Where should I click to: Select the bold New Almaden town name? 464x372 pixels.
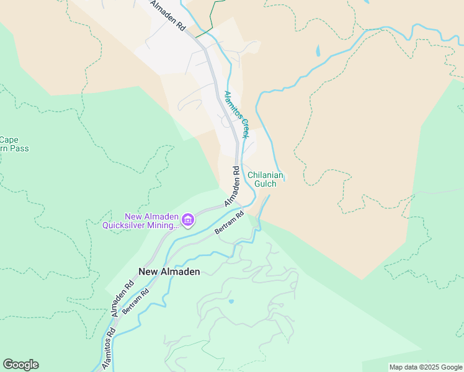click(x=169, y=272)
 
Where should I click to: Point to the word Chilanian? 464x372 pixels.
click(x=265, y=175)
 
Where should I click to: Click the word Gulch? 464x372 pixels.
click(x=265, y=184)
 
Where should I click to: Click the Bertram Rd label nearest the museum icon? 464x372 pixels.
click(x=230, y=223)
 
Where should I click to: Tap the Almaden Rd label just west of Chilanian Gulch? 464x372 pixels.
click(x=233, y=187)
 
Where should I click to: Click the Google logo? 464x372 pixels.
click(x=20, y=365)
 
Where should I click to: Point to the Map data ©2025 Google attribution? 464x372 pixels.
click(x=426, y=367)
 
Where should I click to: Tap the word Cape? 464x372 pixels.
click(x=9, y=139)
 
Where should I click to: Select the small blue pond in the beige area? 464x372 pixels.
click(x=318, y=51)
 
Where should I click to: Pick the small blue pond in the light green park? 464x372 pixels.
click(x=231, y=301)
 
